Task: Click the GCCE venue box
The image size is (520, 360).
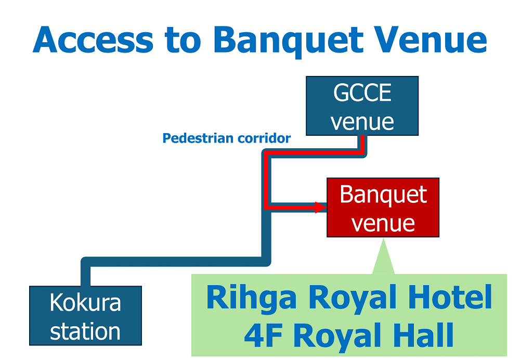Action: coord(362,106)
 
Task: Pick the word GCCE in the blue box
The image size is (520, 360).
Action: coord(362,94)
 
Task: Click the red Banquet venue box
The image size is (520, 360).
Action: coord(383,208)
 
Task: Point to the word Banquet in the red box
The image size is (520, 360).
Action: coord(383,195)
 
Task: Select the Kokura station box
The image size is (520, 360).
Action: coord(85,316)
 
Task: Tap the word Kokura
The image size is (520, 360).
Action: coord(85,303)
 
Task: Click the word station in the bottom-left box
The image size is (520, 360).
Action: coord(85,331)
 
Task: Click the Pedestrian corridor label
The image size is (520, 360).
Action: coord(226,138)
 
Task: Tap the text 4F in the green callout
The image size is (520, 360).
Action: coord(259,336)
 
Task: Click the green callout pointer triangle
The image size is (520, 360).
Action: coord(383,260)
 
